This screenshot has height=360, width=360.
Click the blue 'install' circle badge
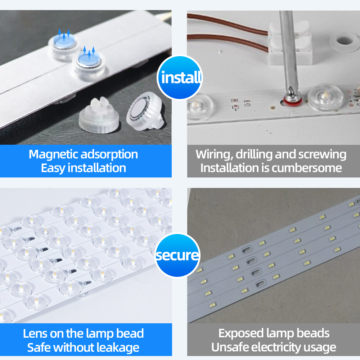point(180,77)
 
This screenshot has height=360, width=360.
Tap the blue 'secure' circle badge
point(177,255)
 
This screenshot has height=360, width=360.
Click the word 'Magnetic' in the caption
point(53,154)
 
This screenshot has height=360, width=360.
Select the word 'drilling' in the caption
point(254,154)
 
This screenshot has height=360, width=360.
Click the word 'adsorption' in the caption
point(109,154)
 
